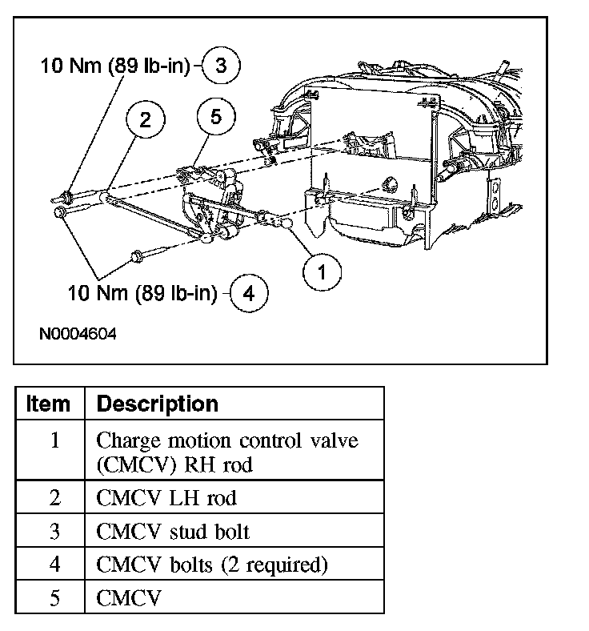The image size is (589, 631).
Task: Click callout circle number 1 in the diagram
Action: (322, 273)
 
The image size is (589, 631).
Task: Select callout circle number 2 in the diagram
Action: (145, 120)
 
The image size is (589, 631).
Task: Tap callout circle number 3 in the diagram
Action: (221, 66)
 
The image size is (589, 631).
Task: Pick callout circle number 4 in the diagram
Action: (248, 293)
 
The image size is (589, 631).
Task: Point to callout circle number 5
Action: (216, 117)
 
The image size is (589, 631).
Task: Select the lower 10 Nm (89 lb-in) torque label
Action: (142, 293)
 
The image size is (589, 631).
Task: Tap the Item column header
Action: (49, 404)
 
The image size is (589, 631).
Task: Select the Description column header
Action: (157, 404)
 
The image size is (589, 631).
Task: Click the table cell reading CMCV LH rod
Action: (166, 498)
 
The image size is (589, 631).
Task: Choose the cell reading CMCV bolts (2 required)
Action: (212, 565)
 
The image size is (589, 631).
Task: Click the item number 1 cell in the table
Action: (54, 441)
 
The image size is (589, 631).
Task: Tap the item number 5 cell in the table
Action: (54, 598)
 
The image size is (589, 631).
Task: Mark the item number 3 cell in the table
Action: (54, 532)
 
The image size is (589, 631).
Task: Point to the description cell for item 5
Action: (129, 598)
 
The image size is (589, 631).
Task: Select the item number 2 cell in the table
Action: (54, 498)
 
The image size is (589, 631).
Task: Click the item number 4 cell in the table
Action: (54, 565)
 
